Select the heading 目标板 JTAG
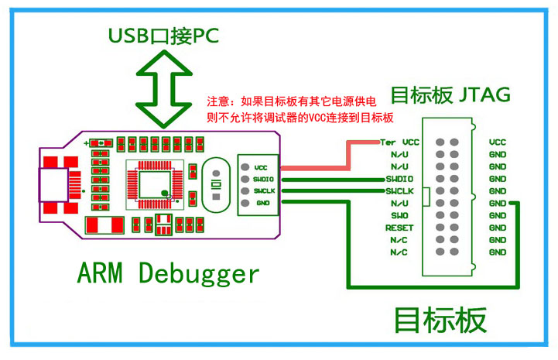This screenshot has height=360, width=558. (x=450, y=96)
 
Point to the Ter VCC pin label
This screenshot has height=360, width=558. (x=400, y=142)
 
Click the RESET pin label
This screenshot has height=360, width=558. (x=400, y=228)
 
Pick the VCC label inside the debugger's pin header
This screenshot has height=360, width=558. (x=261, y=166)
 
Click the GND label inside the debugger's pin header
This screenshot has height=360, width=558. (x=261, y=202)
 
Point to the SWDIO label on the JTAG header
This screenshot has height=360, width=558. (x=399, y=179)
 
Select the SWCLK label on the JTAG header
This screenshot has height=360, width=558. (x=399, y=190)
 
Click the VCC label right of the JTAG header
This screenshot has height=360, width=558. (x=498, y=142)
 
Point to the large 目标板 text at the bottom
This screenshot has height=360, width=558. (x=440, y=320)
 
